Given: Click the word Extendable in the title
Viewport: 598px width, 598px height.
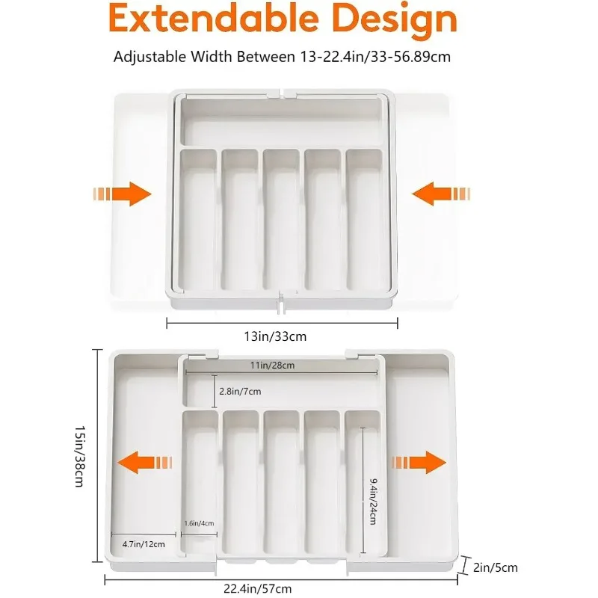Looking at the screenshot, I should [208, 20].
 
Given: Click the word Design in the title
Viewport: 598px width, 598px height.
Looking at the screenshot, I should [394, 20].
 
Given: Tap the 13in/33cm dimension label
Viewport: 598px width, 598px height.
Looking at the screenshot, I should [281, 336].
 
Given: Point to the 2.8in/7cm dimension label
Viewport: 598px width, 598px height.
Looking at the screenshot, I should [240, 391].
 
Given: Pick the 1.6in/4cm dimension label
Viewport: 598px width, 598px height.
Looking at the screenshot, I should [199, 523].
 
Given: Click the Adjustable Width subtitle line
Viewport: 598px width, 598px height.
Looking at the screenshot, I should [281, 57].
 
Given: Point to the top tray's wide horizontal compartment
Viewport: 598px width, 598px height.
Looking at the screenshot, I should [281, 124].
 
